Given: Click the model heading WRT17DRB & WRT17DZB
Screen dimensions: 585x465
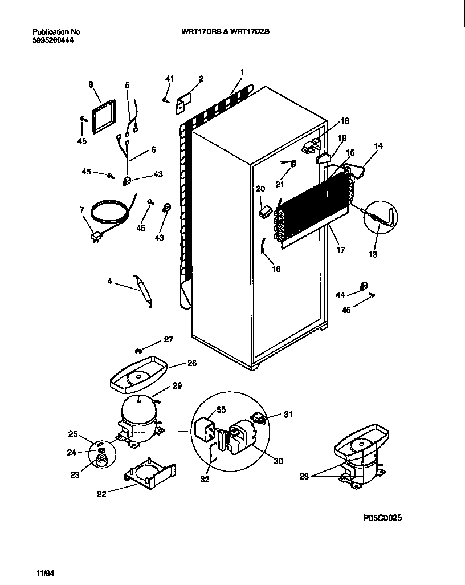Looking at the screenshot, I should point(221,32).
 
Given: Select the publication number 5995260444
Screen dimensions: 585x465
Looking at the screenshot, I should point(53,40).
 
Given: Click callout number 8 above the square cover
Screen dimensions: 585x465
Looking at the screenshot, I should point(91,84).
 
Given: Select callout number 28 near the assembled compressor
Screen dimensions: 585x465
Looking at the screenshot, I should point(304,476).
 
